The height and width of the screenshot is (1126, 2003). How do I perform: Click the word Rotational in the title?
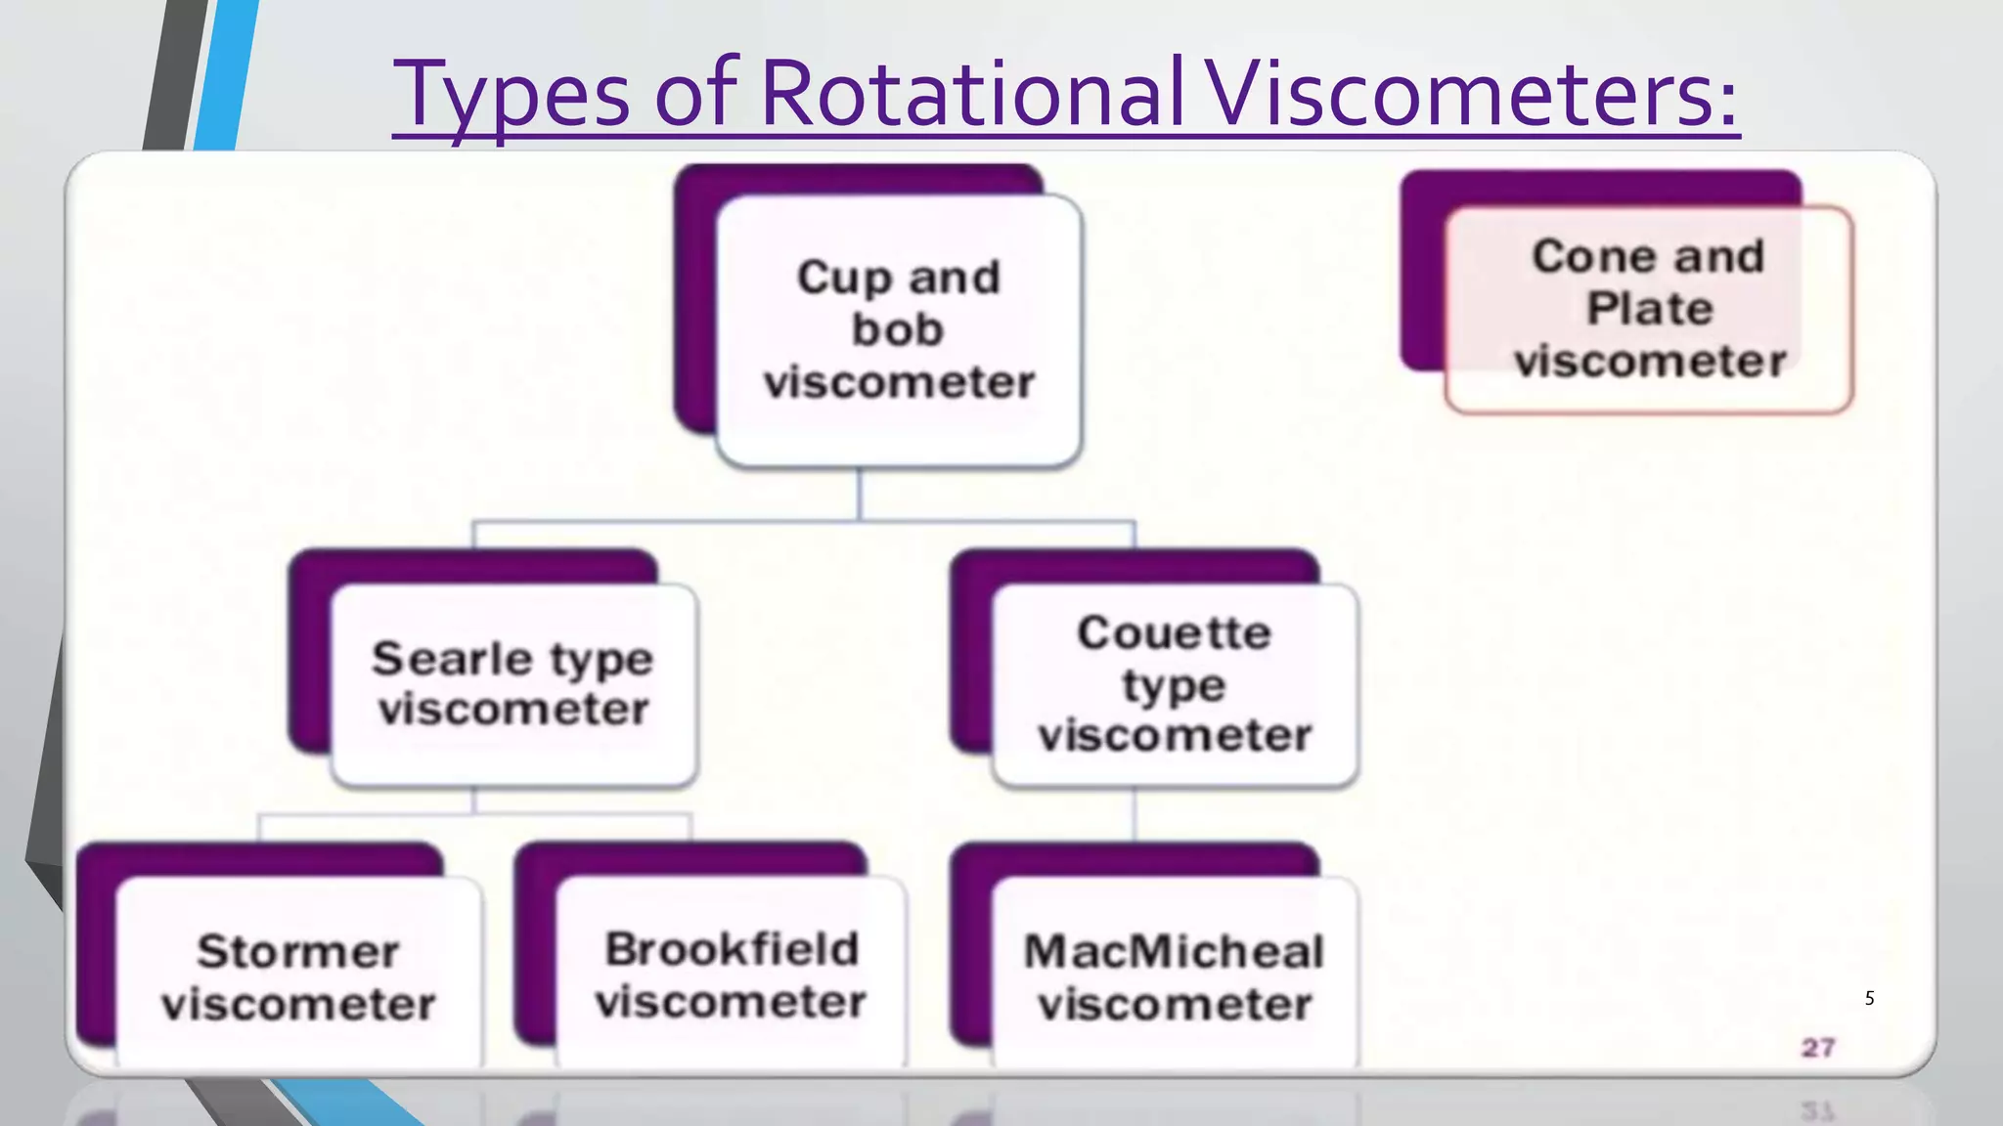coord(970,94)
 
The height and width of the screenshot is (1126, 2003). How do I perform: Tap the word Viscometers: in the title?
coord(1472,94)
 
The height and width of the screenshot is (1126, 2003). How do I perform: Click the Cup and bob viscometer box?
coord(898,329)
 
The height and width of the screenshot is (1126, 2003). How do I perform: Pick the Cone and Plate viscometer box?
coord(1649,309)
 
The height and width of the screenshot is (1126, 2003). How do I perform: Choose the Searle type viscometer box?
coord(513,684)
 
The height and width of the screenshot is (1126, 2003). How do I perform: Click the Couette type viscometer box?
coord(1175,684)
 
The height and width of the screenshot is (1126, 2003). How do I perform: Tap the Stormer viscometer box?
coord(298,977)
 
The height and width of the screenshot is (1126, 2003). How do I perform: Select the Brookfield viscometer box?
coord(731,975)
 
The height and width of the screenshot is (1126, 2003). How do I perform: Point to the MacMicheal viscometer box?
coord(1175,977)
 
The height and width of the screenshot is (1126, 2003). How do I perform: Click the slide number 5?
coord(1869,998)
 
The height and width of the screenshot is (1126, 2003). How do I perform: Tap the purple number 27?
coord(1818,1048)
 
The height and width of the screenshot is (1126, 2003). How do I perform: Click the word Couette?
coord(1175,632)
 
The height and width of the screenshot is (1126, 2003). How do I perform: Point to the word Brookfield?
coord(731,949)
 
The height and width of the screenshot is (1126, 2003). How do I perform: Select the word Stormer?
coord(298,951)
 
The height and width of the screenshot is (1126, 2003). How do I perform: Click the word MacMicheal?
coord(1175,951)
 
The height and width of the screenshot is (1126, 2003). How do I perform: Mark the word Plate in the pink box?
coord(1649,309)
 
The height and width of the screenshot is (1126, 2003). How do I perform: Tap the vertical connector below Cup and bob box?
coord(859,494)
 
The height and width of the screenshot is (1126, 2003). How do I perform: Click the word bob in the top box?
coord(898,329)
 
